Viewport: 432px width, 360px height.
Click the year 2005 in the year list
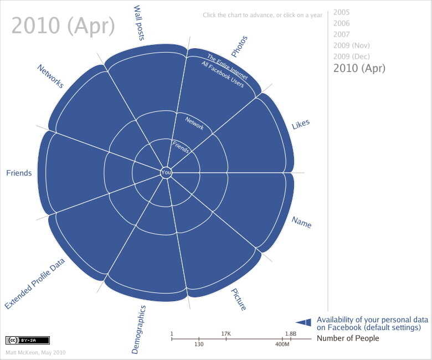tap(341, 12)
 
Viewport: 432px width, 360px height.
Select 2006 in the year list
tap(341, 23)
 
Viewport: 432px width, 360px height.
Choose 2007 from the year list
tap(341, 34)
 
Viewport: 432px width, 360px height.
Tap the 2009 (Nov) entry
tap(352, 45)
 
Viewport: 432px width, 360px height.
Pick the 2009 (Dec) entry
tap(352, 56)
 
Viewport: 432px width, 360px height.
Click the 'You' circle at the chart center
tap(166, 173)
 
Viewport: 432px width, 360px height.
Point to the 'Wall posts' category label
tap(139, 23)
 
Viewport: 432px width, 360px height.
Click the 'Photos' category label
tap(239, 47)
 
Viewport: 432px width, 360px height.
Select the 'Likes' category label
tap(301, 124)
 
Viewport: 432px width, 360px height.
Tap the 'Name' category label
tap(302, 222)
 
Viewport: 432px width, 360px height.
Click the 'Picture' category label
tap(238, 300)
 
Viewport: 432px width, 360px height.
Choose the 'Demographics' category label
tap(138, 330)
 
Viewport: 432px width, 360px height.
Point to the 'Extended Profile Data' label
tap(35, 284)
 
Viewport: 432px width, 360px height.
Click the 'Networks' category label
tap(50, 76)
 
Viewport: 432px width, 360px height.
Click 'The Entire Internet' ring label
tap(227, 67)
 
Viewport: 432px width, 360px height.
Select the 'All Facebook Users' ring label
tap(223, 74)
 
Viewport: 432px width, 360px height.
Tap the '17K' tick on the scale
tap(226, 334)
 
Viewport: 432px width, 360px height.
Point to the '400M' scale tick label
tap(282, 344)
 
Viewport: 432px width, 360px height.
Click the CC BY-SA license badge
tap(28, 341)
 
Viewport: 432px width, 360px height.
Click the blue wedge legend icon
tap(304, 322)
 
